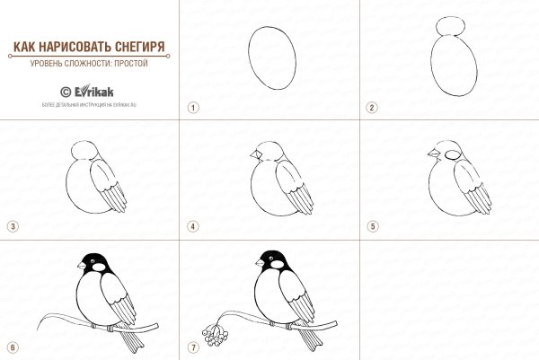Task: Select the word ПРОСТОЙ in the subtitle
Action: point(128,64)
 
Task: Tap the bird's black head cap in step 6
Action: point(94,260)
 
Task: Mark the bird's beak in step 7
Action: point(259,263)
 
